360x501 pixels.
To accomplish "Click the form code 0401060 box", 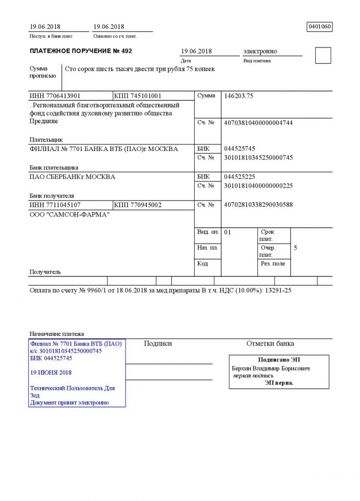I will point(320,26).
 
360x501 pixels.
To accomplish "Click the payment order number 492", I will point(125,51).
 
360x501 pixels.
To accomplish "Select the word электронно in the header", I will point(260,51).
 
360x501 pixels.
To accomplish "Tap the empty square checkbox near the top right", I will point(323,56).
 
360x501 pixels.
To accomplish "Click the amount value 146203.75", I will point(239,96).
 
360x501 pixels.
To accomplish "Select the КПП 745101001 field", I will point(137,96).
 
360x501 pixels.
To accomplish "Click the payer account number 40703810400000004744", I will point(259,123).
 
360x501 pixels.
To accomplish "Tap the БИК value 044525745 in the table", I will point(239,149).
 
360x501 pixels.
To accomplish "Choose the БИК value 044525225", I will point(239,177).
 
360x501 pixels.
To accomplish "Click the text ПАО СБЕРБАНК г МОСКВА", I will point(72,177).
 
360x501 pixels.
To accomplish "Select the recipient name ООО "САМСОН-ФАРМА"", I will point(69,215).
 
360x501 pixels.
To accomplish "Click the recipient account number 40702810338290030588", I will point(259,205).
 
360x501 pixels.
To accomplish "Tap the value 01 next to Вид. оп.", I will point(228,233).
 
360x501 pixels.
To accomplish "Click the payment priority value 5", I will point(296,248).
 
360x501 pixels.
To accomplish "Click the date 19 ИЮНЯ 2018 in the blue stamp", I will point(51,373).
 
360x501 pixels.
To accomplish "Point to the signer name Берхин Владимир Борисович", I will point(271,369).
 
